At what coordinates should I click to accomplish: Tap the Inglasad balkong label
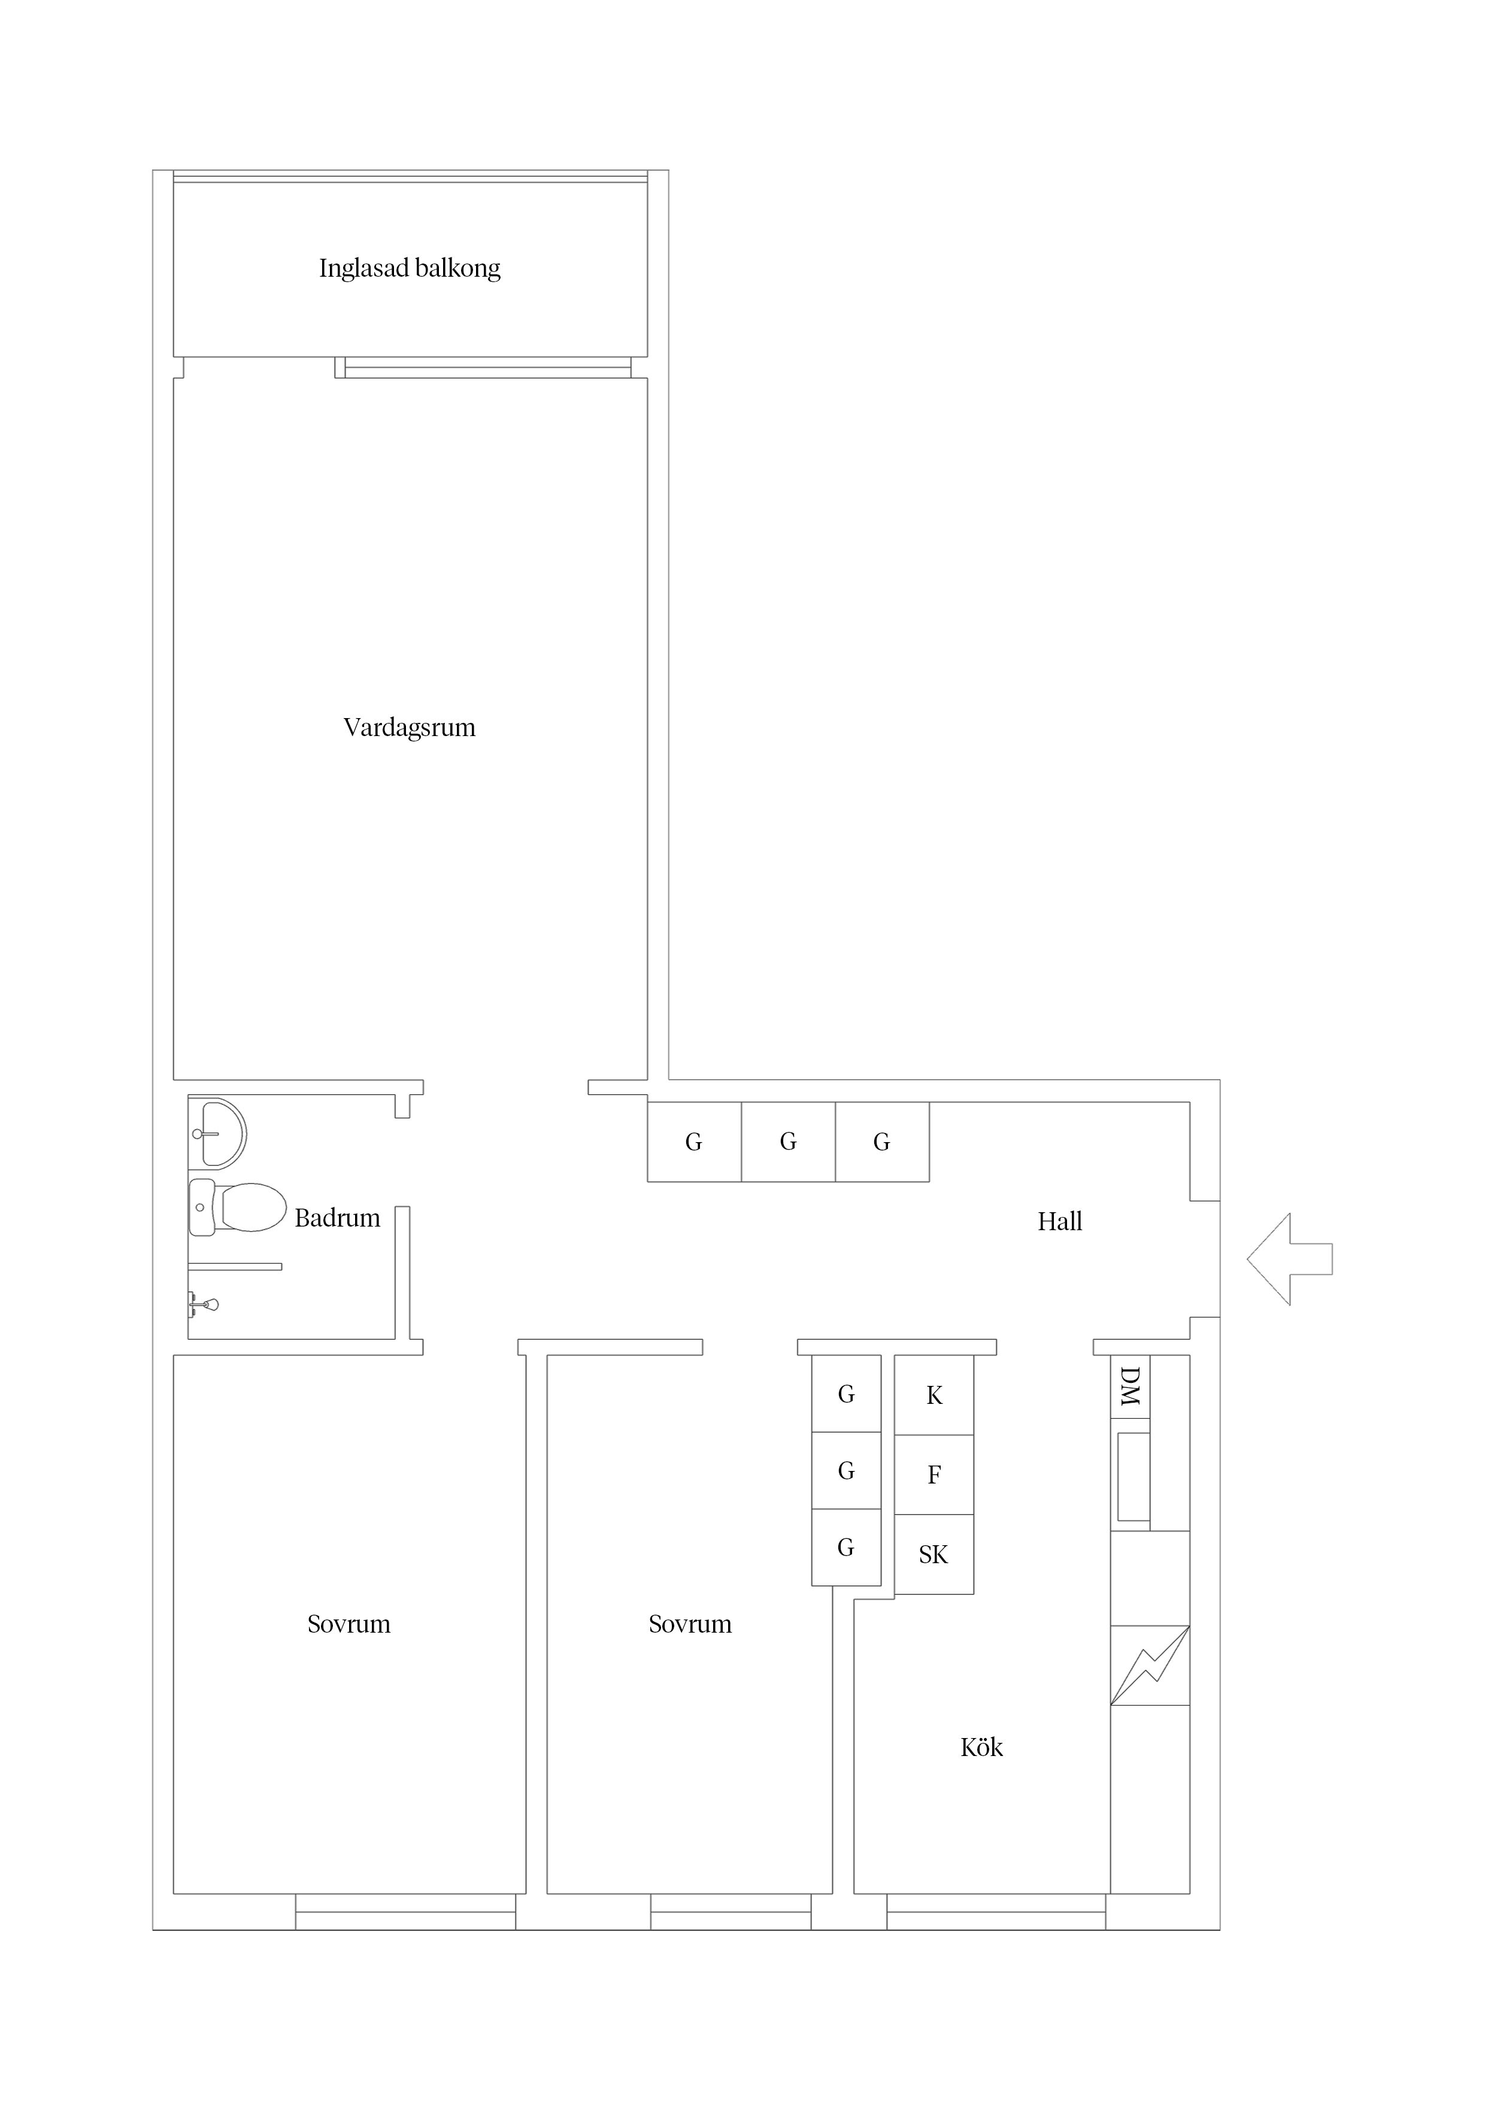[410, 269]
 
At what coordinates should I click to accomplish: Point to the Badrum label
[337, 1218]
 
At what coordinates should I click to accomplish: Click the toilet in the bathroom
[238, 1207]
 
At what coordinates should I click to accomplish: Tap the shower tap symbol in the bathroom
[203, 1304]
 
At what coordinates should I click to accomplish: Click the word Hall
[1059, 1222]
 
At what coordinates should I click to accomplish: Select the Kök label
[982, 1748]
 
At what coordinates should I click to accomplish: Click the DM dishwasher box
[1130, 1386]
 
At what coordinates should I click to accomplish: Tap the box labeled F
[934, 1474]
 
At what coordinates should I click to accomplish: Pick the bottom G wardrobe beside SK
[846, 1548]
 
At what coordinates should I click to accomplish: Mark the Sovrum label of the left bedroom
[348, 1624]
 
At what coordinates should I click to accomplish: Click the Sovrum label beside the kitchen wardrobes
[690, 1624]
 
